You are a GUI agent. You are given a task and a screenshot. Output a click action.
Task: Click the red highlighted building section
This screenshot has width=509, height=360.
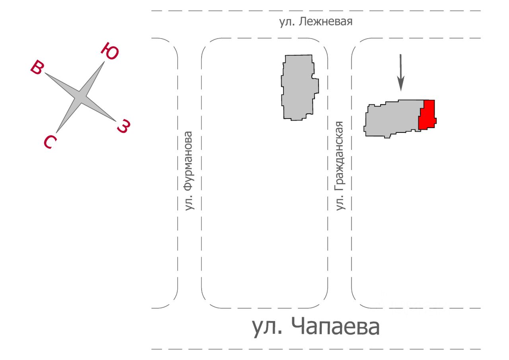pyautogui.click(x=427, y=115)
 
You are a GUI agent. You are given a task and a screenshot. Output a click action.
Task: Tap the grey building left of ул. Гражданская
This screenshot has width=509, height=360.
pyautogui.click(x=299, y=88)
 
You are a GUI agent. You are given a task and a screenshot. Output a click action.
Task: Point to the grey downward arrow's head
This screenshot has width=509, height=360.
pyautogui.click(x=401, y=84)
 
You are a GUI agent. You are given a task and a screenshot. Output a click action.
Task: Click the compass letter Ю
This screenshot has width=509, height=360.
pyautogui.click(x=110, y=51)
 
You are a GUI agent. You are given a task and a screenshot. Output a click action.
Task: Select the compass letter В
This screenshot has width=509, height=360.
pyautogui.click(x=37, y=67)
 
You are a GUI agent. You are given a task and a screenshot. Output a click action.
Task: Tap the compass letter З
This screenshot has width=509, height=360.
pyautogui.click(x=124, y=126)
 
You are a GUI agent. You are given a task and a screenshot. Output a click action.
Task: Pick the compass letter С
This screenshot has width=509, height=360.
pyautogui.click(x=50, y=142)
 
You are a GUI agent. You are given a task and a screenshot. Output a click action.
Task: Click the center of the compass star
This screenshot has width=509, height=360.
pyautogui.click(x=80, y=97)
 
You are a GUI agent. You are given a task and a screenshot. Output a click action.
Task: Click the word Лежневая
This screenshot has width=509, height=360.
pyautogui.click(x=326, y=22)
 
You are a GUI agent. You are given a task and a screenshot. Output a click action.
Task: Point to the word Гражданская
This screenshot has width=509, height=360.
pyautogui.click(x=340, y=157)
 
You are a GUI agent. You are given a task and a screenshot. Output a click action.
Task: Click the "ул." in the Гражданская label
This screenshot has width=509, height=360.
pyautogui.click(x=340, y=203)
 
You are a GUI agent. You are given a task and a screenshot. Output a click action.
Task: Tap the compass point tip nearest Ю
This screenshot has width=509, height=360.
pyautogui.click(x=104, y=62)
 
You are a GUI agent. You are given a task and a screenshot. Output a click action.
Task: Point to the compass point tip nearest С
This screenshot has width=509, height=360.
pyautogui.click(x=56, y=132)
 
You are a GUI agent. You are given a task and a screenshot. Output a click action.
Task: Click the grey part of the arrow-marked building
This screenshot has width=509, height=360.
pyautogui.click(x=392, y=119)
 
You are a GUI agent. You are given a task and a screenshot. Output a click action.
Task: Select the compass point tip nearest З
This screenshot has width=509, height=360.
pyautogui.click(x=115, y=121)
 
